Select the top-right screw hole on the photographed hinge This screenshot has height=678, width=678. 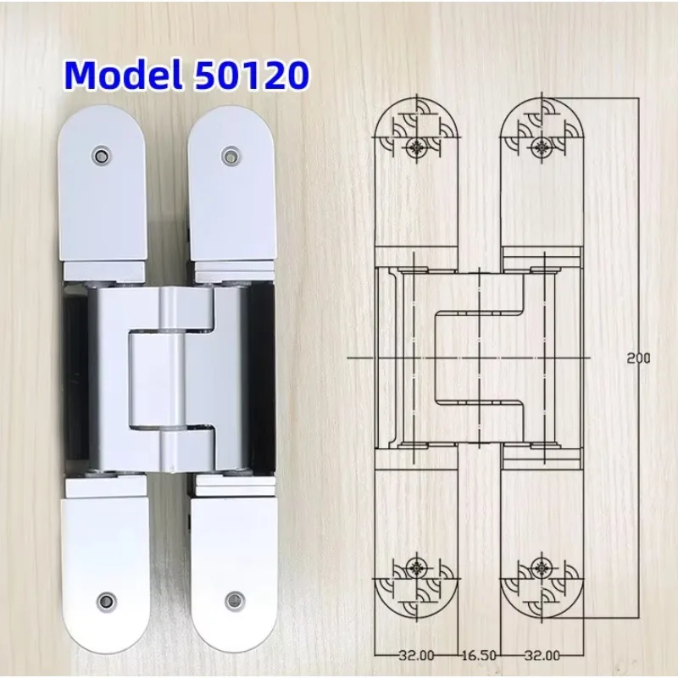229,155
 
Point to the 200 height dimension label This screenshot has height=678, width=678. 638,358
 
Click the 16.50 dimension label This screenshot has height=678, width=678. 479,655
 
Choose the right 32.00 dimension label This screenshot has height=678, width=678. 542,655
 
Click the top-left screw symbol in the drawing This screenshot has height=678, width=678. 416,147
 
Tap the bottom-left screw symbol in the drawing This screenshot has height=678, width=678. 416,569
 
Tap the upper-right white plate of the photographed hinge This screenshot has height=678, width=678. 230,195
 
